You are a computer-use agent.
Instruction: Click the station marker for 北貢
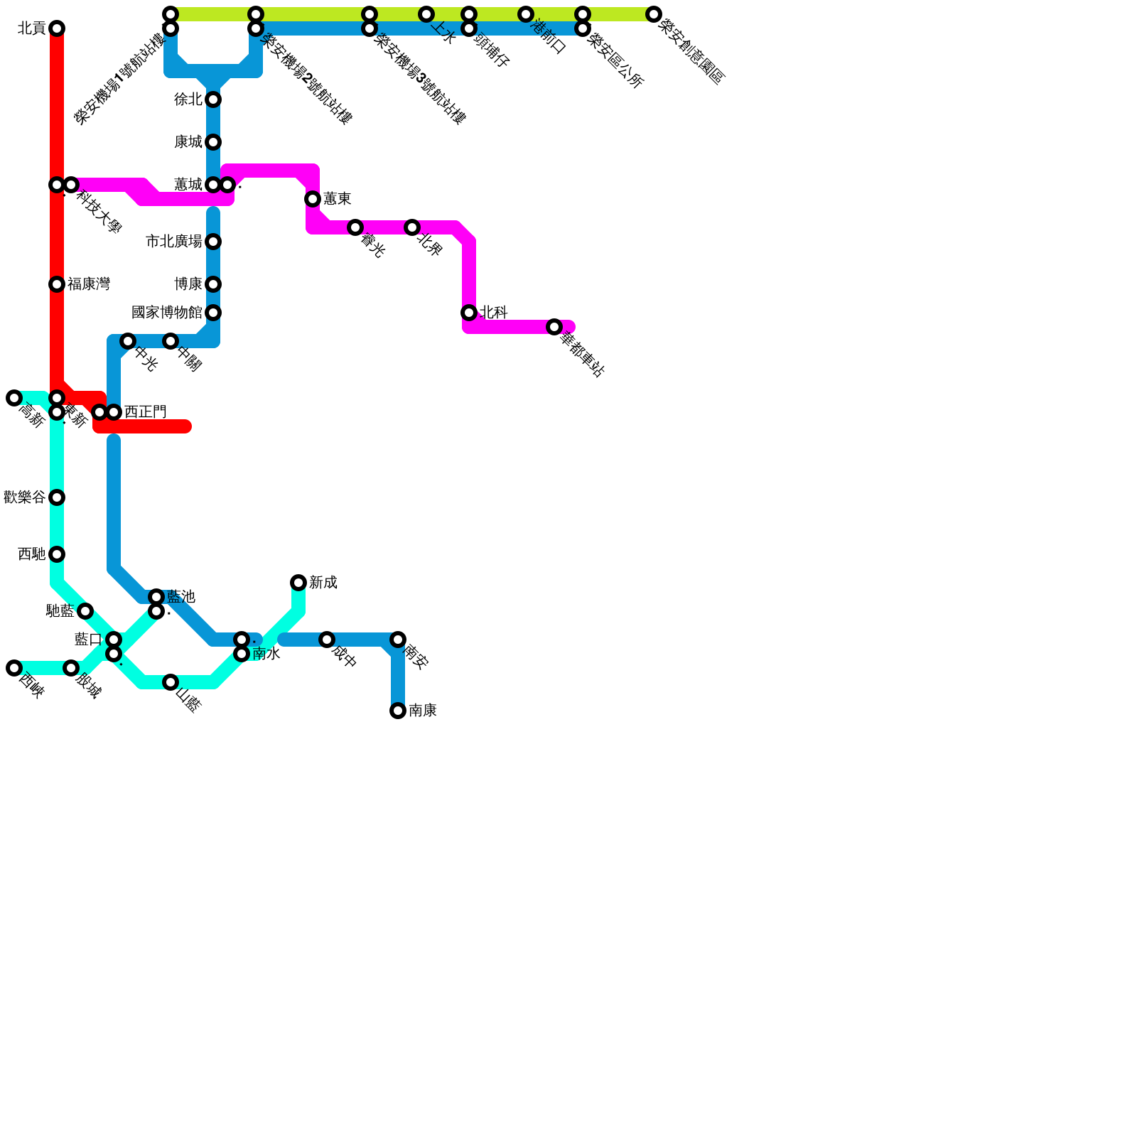(x=57, y=28)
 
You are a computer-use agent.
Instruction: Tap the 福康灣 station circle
(x=57, y=284)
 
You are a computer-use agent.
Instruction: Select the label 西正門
(x=145, y=412)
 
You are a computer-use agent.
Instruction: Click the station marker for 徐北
(x=213, y=99)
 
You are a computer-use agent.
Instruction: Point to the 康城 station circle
(x=213, y=142)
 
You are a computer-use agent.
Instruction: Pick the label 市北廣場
(x=174, y=242)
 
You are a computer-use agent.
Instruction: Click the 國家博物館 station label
(x=167, y=313)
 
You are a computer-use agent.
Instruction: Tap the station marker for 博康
(x=213, y=284)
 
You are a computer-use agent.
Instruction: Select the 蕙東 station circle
(x=313, y=199)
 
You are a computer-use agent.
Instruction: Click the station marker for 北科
(x=469, y=313)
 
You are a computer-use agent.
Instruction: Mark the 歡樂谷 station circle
(x=57, y=497)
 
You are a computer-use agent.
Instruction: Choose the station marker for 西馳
(x=57, y=554)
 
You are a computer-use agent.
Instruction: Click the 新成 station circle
(x=298, y=583)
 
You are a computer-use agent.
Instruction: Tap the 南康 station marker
(x=398, y=711)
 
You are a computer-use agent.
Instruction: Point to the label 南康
(x=423, y=711)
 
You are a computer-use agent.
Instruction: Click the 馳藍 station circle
(x=85, y=611)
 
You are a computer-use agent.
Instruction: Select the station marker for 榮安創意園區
(x=654, y=14)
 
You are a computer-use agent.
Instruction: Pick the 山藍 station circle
(x=171, y=682)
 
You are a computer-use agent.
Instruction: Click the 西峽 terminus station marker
(x=14, y=668)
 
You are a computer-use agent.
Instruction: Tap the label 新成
(x=323, y=583)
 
